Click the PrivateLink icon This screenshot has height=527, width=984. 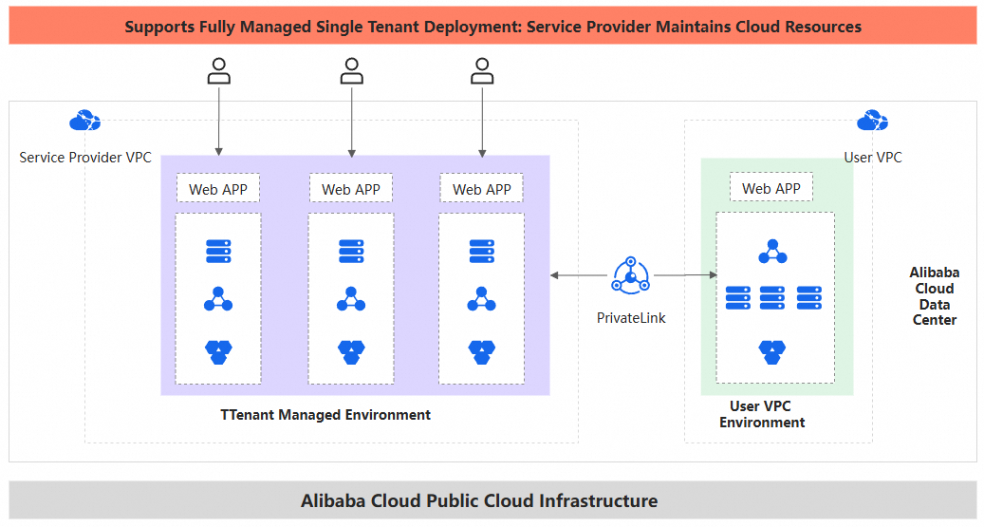click(631, 276)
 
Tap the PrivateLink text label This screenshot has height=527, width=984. click(631, 318)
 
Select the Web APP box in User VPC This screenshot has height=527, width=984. click(770, 188)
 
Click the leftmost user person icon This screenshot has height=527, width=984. click(219, 71)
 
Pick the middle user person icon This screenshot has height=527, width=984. click(352, 71)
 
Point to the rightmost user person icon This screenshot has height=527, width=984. click(482, 71)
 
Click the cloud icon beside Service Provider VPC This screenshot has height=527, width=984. click(84, 122)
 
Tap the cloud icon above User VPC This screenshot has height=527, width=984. click(872, 122)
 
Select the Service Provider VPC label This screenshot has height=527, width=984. click(85, 158)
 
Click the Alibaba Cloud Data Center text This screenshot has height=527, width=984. click(934, 296)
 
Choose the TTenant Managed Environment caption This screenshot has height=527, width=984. click(325, 415)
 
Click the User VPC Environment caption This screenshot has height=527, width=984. click(761, 414)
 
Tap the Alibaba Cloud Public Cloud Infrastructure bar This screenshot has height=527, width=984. click(492, 500)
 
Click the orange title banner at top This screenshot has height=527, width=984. click(492, 27)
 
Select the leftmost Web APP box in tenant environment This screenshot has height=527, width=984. click(218, 189)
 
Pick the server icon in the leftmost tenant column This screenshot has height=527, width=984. click(218, 252)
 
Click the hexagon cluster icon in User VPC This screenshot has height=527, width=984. click(771, 351)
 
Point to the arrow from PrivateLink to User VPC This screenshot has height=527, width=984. click(685, 275)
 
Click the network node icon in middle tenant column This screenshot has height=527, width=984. click(351, 300)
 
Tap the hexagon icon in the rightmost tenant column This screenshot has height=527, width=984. click(482, 351)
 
